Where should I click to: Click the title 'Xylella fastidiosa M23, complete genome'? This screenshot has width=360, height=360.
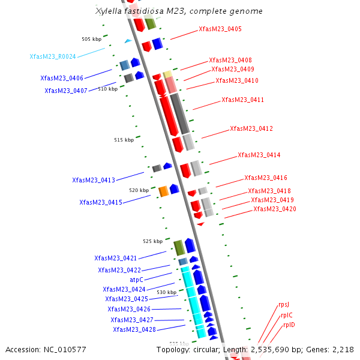click(x=179, y=11)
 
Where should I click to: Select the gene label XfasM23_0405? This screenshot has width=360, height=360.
click(x=220, y=29)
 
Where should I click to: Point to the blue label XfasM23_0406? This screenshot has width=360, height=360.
click(x=62, y=78)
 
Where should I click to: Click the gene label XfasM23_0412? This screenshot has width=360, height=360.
click(x=251, y=128)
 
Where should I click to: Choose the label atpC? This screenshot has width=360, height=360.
click(x=137, y=280)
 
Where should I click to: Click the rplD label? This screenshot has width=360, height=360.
click(x=289, y=325)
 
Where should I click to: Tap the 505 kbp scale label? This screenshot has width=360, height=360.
click(x=92, y=39)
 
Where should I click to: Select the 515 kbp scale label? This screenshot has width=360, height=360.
click(x=124, y=140)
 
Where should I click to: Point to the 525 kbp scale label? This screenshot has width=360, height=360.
click(x=152, y=241)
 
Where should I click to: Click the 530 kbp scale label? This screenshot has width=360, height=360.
click(x=167, y=292)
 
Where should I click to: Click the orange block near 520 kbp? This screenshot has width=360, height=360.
click(x=163, y=191)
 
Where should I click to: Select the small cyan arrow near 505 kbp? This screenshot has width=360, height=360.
click(x=128, y=41)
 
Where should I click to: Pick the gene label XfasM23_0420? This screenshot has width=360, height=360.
click(x=274, y=209)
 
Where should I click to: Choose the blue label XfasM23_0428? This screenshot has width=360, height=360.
click(x=134, y=329)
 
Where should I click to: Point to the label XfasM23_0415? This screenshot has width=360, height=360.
click(x=101, y=202)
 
